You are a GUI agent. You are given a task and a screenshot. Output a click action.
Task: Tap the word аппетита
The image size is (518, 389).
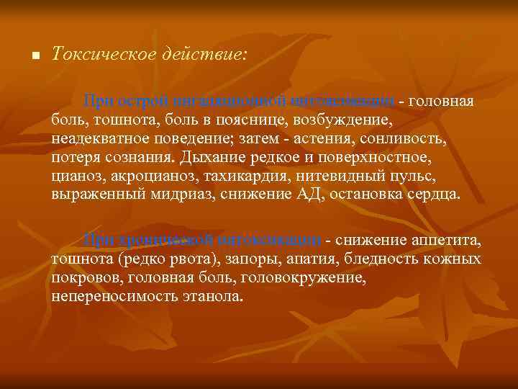[x=447, y=240]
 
